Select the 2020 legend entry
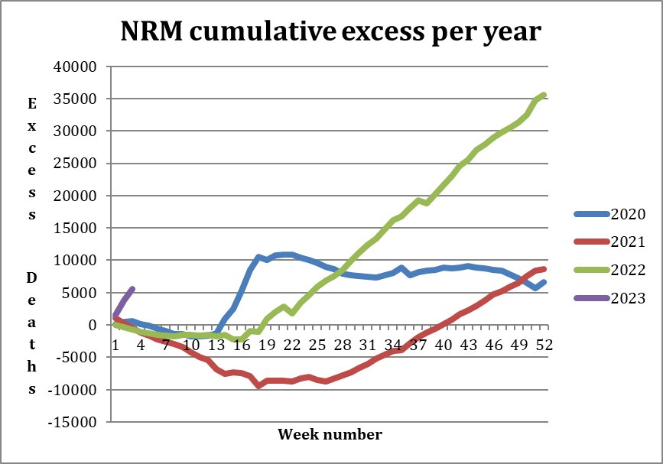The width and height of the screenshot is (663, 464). coord(629,213)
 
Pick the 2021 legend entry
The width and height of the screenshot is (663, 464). coord(629,242)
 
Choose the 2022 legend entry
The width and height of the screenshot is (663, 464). coord(629,270)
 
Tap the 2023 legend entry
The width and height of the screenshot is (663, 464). coord(629,298)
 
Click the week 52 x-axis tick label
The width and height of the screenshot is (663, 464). coord(544,344)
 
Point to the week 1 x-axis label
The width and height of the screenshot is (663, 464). coord(115,344)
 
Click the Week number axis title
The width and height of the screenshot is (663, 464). coord(330,435)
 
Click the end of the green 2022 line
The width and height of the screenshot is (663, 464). coord(543,95)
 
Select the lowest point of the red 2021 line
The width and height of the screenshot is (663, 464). coord(258,385)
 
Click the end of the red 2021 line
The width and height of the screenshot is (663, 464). coord(543,269)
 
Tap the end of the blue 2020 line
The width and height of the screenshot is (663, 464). coord(543,282)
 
